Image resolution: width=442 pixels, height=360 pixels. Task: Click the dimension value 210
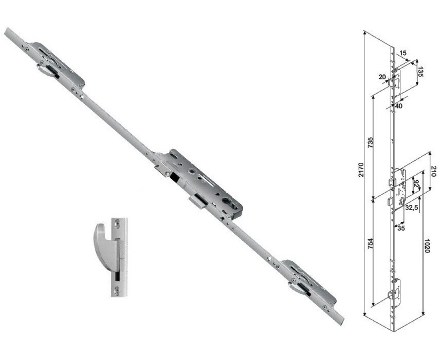433,172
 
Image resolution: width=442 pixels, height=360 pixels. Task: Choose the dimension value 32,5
411,208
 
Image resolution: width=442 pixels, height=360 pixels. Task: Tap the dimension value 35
401,228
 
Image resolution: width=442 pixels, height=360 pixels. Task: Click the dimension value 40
399,106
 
